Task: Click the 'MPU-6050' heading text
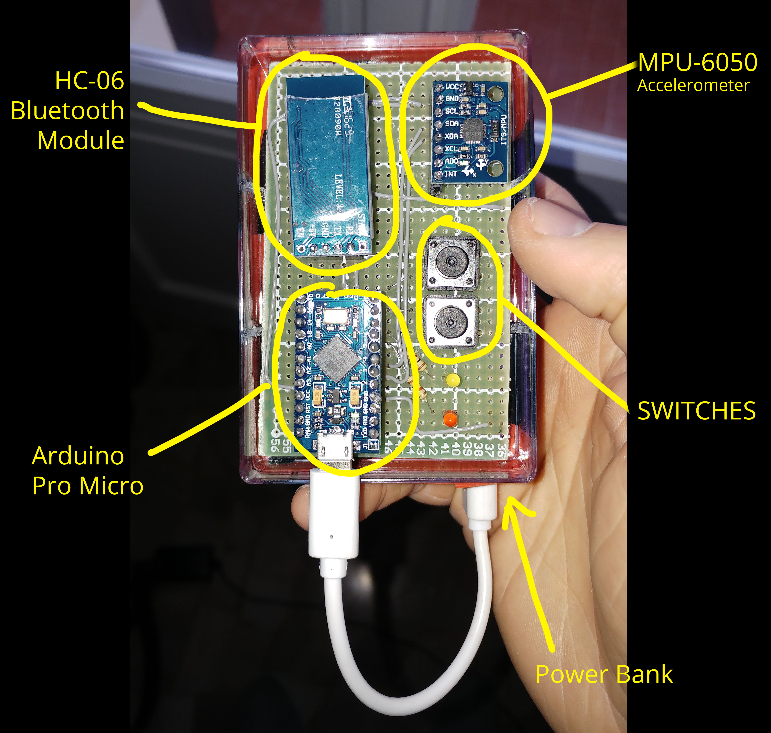pyautogui.click(x=698, y=62)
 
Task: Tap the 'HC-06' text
pyautogui.click(x=89, y=81)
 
